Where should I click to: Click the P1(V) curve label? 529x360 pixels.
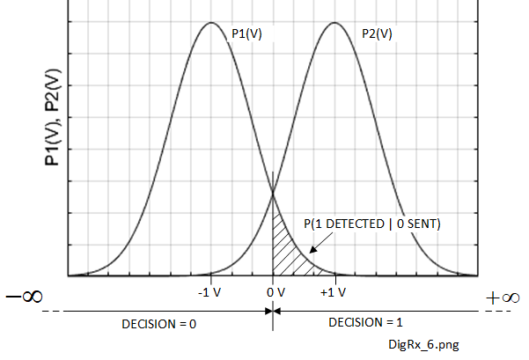click(x=247, y=33)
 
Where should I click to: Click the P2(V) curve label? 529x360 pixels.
click(x=377, y=33)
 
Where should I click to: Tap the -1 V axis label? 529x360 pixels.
click(x=209, y=292)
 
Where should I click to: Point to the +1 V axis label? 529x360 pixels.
click(x=334, y=292)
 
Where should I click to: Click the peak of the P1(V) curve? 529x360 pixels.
click(x=210, y=22)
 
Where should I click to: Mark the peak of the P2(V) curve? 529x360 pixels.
click(x=334, y=22)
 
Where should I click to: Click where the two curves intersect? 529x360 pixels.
click(x=273, y=193)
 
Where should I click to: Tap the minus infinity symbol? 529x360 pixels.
click(x=26, y=297)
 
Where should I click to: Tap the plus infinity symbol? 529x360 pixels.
click(x=503, y=297)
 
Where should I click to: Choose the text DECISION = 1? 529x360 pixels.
click(x=363, y=322)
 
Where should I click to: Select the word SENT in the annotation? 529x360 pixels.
click(x=421, y=224)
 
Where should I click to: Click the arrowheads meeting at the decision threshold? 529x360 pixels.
click(x=273, y=310)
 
